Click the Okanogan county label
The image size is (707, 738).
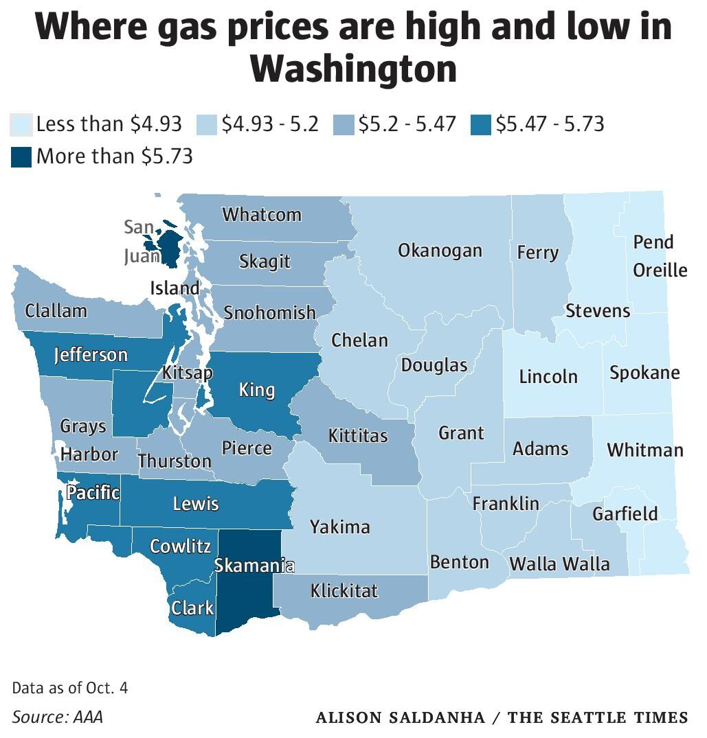pyautogui.click(x=440, y=251)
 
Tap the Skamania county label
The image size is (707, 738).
pyautogui.click(x=254, y=566)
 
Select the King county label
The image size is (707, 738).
pyautogui.click(x=256, y=391)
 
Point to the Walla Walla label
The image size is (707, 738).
pyautogui.click(x=559, y=564)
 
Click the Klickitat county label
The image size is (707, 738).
pyautogui.click(x=344, y=590)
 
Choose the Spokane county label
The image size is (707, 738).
pyautogui.click(x=644, y=373)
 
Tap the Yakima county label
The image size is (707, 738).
pyautogui.click(x=339, y=527)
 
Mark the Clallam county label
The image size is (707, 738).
pyautogui.click(x=56, y=311)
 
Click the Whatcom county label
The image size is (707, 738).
pyautogui.click(x=262, y=214)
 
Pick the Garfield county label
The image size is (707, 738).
pyautogui.click(x=625, y=514)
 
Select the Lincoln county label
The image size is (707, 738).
pyautogui.click(x=548, y=376)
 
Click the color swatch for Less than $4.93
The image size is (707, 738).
pyautogui.click(x=21, y=126)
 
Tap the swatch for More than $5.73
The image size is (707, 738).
pyautogui.click(x=21, y=157)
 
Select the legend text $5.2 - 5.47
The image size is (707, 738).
pyautogui.click(x=407, y=124)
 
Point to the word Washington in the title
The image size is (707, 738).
pyautogui.click(x=353, y=69)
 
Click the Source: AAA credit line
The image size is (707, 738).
pyautogui.click(x=57, y=717)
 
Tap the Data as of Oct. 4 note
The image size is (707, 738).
pyautogui.click(x=70, y=687)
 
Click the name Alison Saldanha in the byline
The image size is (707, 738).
pyautogui.click(x=406, y=717)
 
